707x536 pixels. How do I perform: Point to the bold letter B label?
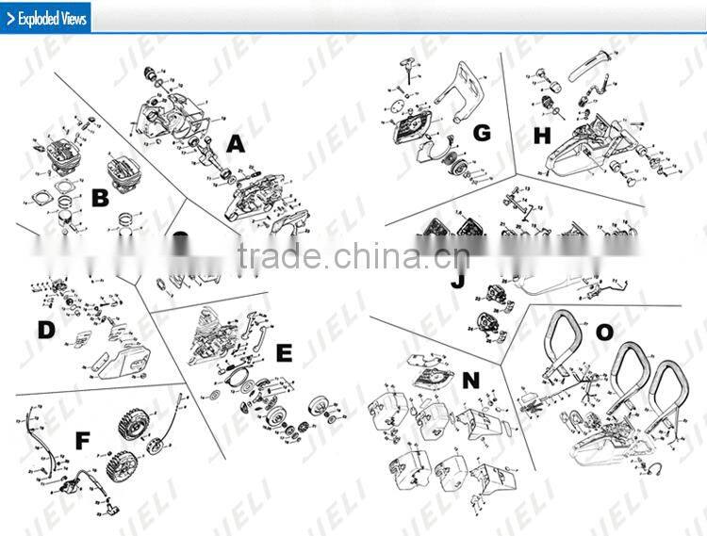coord(100,199)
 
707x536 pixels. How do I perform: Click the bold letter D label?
coord(45,330)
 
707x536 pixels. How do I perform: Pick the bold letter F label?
coord(82,440)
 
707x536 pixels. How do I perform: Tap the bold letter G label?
coord(482,133)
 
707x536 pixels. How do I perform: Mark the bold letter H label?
coord(541,136)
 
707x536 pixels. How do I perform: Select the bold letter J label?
coord(458,280)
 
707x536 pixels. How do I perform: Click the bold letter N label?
coord(470,380)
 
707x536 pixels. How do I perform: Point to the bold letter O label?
coord(603,333)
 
